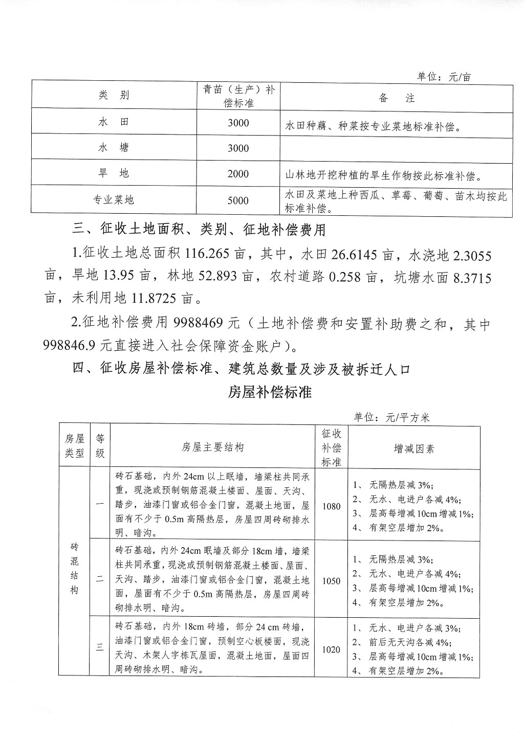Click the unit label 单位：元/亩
pos(444,77)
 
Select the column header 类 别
pos(114,95)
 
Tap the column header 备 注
pos(397,98)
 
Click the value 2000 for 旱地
pos(238,174)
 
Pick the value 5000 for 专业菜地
pos(238,200)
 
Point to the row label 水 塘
pos(114,148)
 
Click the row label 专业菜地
pos(114,200)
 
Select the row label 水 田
pos(114,122)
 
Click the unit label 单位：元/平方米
pos(391,418)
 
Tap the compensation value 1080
pos(332,506)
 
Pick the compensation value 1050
pos(332,581)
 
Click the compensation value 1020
pos(332,649)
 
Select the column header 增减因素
pos(414,448)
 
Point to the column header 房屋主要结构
pos(212,447)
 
